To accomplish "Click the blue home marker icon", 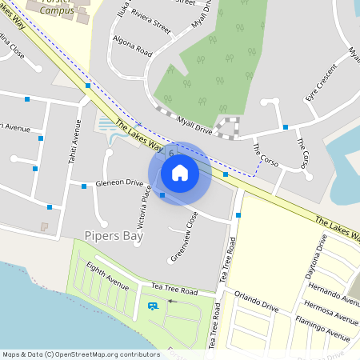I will pos(180,173).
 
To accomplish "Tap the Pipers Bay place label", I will pos(111,235).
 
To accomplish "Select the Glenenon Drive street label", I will pos(118,182).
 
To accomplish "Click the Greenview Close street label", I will pos(184,236).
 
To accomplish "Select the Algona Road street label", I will pos(133,49).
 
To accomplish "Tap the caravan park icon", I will pos(151,306).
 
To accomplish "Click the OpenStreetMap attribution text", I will pos(81,354).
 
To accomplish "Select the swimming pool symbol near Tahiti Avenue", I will pos(106,124).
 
